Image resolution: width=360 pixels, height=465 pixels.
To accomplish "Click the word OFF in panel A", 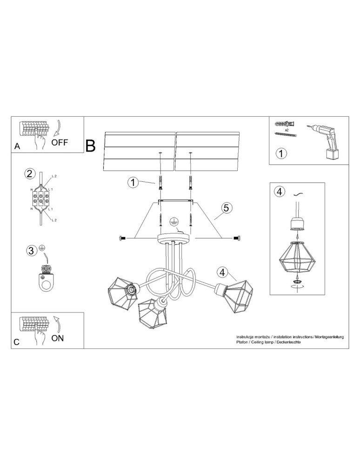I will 60,142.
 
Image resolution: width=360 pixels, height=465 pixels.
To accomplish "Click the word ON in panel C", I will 58,338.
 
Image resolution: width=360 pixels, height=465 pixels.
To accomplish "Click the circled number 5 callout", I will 226,208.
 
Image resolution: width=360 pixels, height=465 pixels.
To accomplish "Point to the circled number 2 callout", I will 30,174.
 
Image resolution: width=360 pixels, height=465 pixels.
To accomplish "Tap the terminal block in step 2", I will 41,199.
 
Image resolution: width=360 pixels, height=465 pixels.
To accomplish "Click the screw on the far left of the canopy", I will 123,238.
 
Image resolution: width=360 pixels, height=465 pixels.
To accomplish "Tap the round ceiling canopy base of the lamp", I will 174,239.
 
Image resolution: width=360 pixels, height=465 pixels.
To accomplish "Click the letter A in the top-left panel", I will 17,146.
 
